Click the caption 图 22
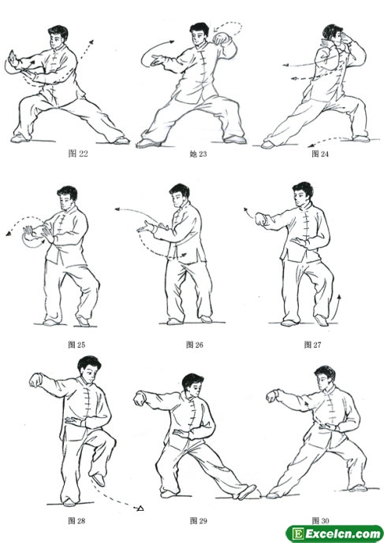point(78,153)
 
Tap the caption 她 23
point(198,153)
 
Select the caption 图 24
point(320,153)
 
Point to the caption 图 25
point(76,345)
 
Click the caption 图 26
point(195,345)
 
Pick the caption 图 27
point(312,345)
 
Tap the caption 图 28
point(76,520)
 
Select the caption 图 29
point(199,520)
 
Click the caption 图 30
point(320,520)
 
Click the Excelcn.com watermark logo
point(334,534)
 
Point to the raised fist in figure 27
point(261,220)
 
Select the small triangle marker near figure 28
point(140,508)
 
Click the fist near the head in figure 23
point(219,38)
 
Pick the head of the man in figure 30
point(324,379)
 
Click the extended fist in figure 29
point(139,398)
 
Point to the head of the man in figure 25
point(67,198)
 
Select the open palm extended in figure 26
point(145,227)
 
